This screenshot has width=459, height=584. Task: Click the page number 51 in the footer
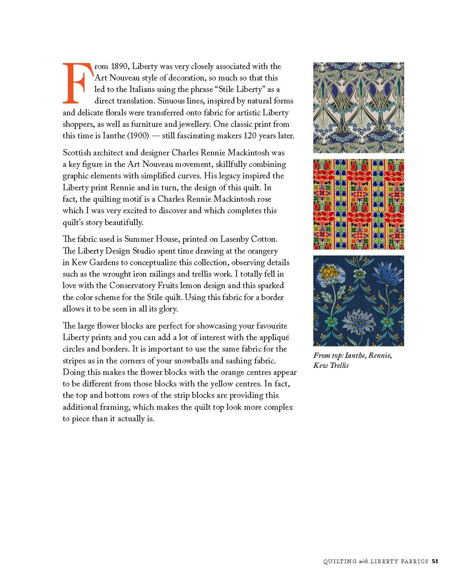[435, 561]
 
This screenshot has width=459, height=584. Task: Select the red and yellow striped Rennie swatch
[359, 204]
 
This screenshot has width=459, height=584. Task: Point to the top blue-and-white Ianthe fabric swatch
[359, 108]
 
